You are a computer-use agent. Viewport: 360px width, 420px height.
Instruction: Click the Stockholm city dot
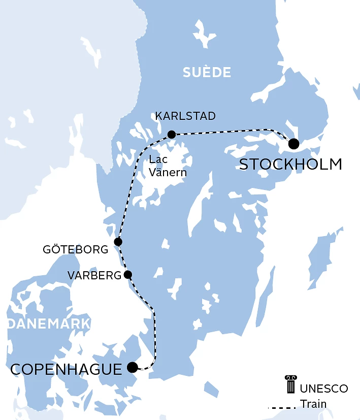[293, 144]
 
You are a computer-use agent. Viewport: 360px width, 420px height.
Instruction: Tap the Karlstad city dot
[172, 135]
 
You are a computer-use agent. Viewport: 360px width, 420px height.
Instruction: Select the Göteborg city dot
[118, 242]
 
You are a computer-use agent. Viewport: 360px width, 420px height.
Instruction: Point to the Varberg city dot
[128, 275]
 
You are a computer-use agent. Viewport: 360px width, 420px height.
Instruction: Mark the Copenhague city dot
[133, 367]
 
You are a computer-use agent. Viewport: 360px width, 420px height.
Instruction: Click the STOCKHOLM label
[290, 165]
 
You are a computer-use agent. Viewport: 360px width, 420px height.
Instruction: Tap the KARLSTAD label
[185, 116]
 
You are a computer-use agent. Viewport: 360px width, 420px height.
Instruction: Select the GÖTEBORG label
[76, 250]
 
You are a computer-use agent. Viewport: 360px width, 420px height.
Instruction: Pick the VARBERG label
[94, 275]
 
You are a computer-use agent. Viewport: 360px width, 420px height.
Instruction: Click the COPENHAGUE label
[67, 369]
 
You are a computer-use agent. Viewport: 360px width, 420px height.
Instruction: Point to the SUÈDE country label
[207, 73]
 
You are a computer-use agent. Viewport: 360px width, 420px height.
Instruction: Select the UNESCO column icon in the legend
[290, 384]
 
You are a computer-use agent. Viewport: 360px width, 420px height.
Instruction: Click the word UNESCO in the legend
[324, 389]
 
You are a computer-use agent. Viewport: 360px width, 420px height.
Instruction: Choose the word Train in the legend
[313, 404]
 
